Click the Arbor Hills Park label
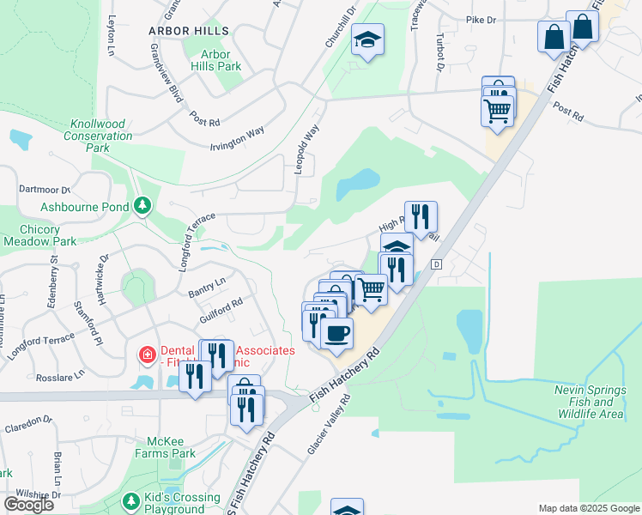click(216, 60)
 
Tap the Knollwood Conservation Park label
click(98, 136)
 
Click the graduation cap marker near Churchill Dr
click(367, 39)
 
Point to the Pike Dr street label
click(481, 20)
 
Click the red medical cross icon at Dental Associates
click(148, 354)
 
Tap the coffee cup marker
click(337, 331)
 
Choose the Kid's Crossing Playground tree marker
click(131, 500)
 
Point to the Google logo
click(28, 505)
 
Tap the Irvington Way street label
click(237, 137)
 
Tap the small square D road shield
click(436, 264)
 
